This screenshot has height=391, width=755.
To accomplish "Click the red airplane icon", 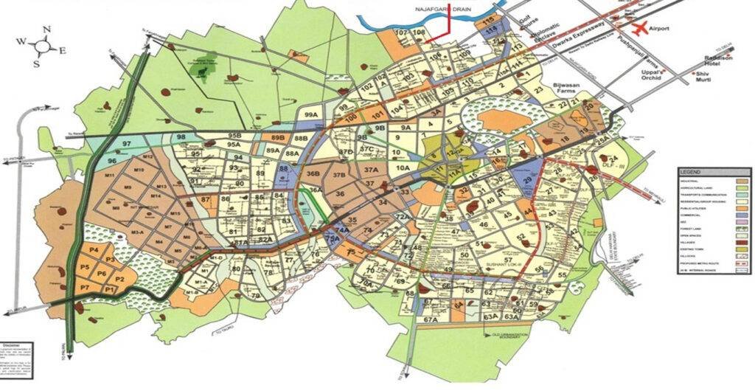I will (x=639, y=28).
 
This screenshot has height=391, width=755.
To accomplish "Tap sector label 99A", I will (x=312, y=115).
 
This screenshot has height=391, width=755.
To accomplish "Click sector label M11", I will (x=112, y=176).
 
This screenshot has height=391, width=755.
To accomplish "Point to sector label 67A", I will (x=431, y=319).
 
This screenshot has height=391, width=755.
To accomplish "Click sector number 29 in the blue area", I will (x=527, y=181).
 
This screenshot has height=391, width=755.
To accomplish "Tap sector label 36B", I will (x=313, y=174).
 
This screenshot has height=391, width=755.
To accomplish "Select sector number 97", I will (x=128, y=142).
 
